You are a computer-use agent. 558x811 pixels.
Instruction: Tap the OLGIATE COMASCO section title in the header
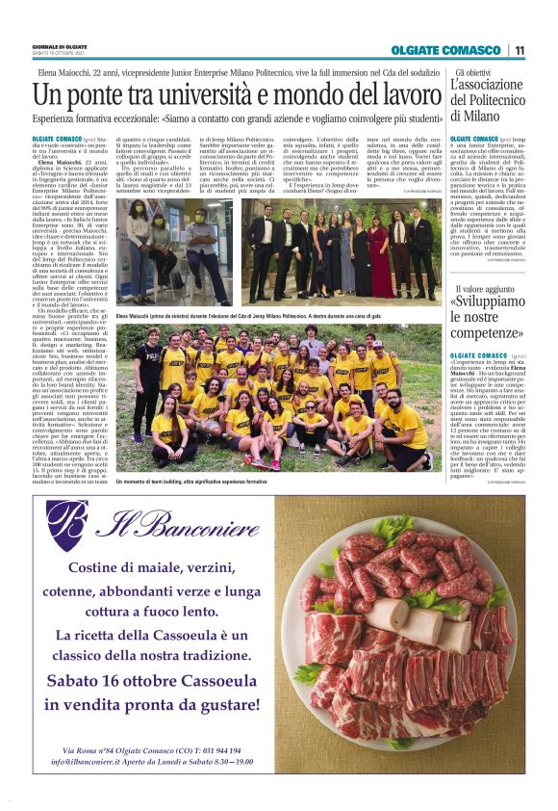point(445,50)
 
